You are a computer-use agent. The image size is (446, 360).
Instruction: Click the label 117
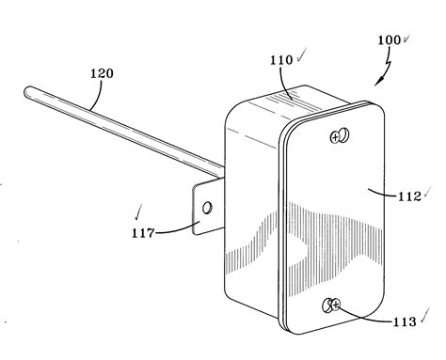(141, 229)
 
